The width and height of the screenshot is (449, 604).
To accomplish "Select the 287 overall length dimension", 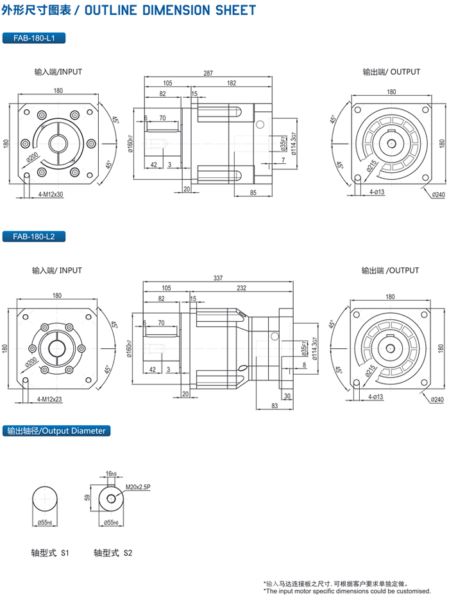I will point(208,73).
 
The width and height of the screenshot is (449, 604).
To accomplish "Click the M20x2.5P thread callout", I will point(138,487).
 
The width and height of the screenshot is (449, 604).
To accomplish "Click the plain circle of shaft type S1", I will point(46,500).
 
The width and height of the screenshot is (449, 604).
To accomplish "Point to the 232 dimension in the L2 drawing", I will point(242,289).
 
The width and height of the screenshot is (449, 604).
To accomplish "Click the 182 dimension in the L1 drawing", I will point(232,83).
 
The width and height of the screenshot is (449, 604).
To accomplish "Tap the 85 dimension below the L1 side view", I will point(253,192).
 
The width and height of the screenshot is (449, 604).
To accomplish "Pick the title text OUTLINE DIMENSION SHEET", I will point(170,10).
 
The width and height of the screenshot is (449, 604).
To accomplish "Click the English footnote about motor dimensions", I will point(347,591).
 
